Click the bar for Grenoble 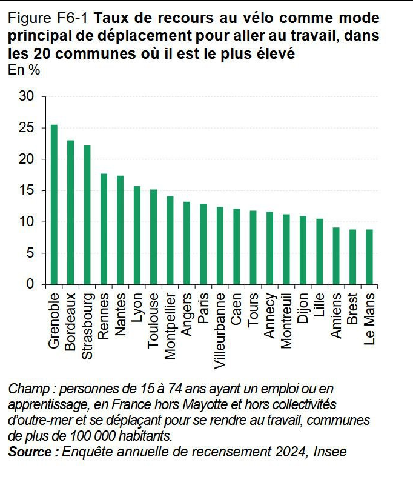[55, 205]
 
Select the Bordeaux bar [71, 213]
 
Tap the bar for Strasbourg [87, 215]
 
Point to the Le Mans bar [369, 257]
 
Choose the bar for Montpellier [170, 241]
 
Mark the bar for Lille [320, 252]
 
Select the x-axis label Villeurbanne [220, 330]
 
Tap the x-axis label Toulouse [154, 321]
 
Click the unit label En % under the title [24, 70]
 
